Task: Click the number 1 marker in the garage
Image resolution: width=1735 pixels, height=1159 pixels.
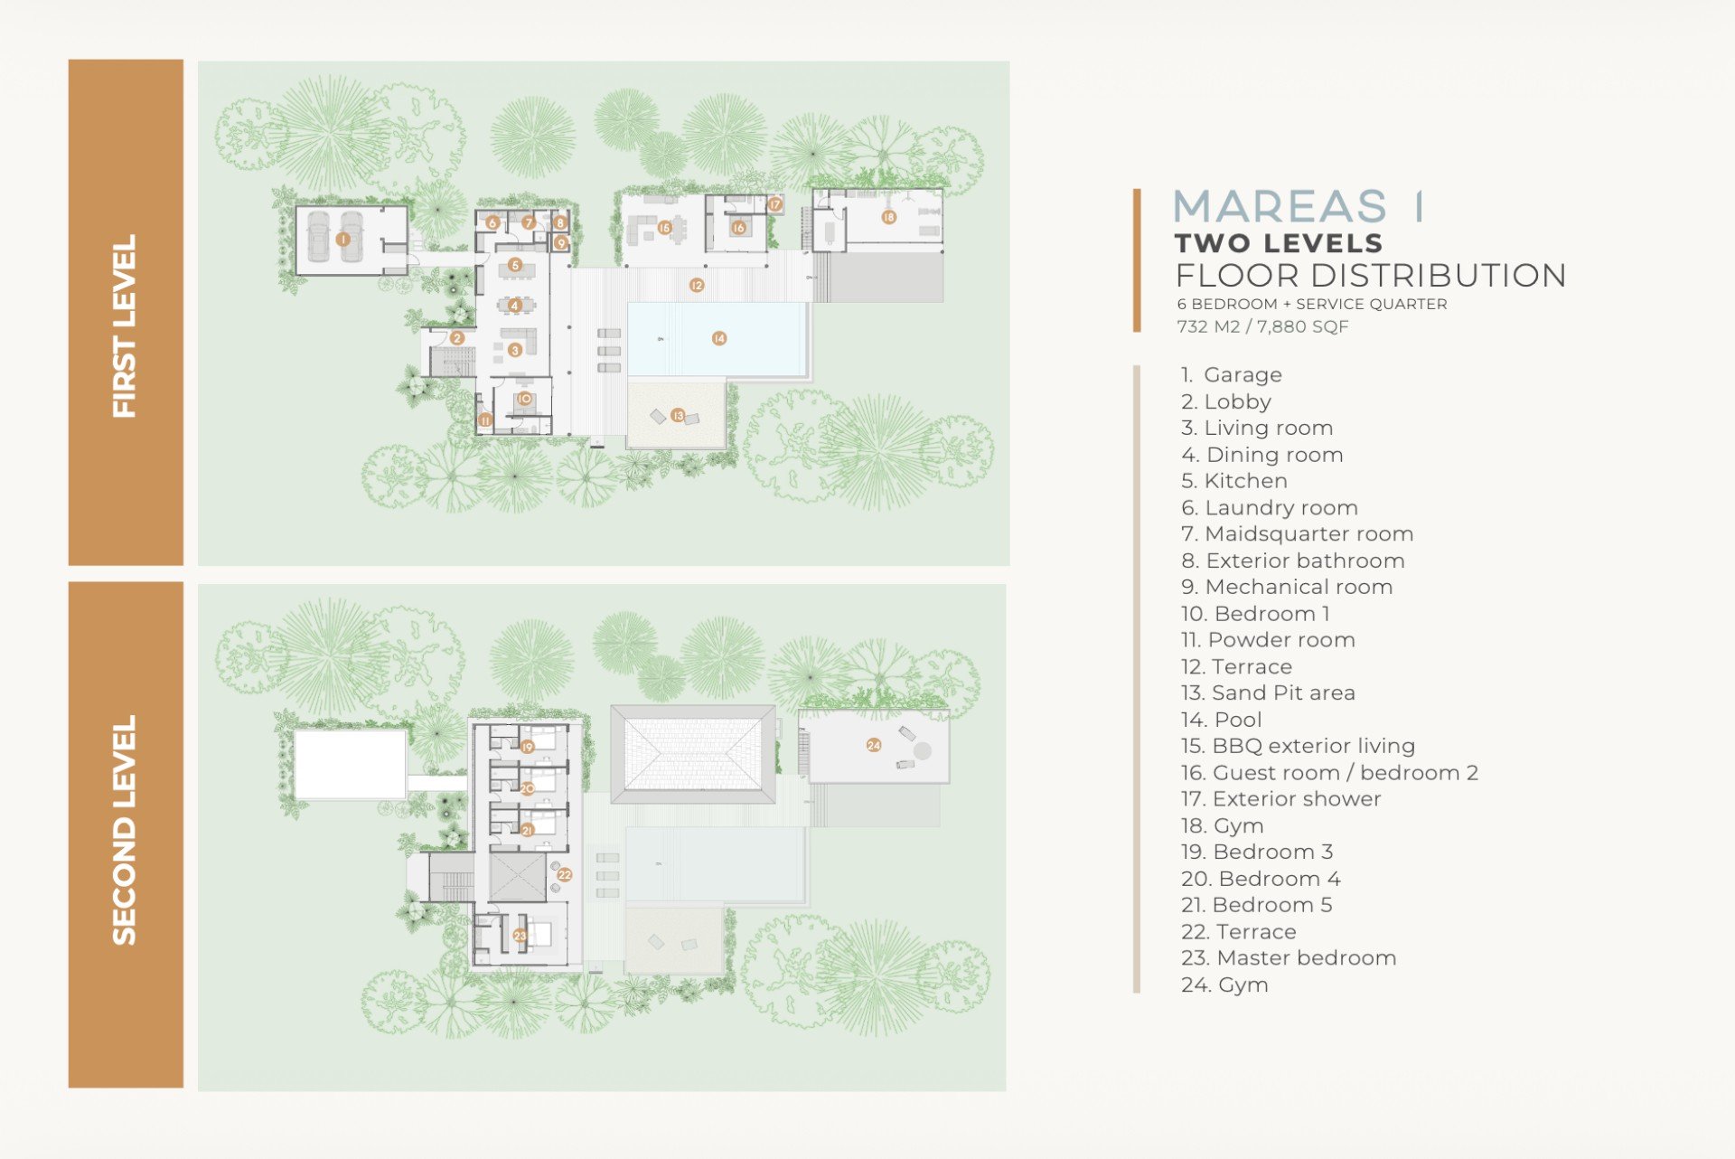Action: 342,240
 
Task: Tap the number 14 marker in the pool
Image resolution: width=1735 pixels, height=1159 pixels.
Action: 719,338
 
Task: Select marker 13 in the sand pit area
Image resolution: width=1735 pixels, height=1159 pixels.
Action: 678,416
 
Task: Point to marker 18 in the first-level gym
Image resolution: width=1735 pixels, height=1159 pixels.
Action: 889,217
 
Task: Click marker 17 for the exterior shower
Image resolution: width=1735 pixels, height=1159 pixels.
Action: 775,204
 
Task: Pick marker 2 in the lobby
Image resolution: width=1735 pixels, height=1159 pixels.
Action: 457,338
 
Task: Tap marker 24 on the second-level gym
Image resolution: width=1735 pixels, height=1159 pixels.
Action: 874,745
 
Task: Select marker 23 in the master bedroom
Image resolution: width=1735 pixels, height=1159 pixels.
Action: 520,936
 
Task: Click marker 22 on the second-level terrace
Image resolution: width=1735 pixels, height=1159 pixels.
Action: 565,874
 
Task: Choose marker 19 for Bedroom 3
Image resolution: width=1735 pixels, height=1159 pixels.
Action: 528,747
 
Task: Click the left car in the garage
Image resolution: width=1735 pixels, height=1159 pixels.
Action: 317,237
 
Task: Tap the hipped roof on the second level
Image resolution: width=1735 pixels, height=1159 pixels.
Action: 693,755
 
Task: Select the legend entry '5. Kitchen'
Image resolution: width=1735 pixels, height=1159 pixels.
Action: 1234,481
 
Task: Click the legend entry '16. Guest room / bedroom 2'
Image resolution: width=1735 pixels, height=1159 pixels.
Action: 1329,773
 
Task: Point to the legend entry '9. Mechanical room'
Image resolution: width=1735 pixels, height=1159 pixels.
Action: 1287,587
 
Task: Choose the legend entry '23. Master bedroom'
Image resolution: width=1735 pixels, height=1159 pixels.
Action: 1289,958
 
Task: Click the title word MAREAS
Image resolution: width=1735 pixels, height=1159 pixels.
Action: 1280,206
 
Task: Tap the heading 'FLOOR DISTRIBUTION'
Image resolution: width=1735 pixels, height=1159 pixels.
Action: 1371,275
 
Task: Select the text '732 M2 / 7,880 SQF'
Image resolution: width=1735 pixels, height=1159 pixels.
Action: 1262,326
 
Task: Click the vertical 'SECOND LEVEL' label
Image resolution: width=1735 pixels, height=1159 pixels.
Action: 124,831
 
